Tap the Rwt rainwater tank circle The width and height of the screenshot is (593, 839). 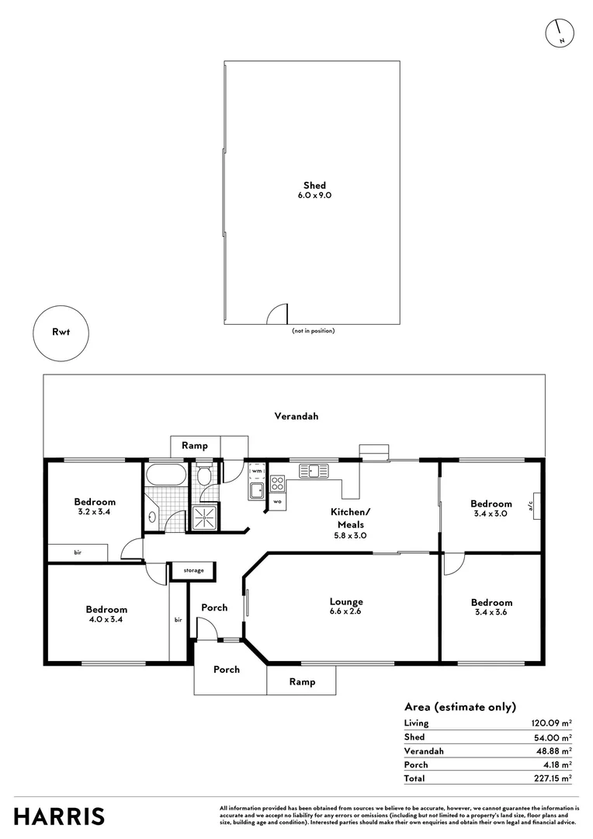[61, 334]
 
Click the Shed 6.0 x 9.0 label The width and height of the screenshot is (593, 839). [314, 190]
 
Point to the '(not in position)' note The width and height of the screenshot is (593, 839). [313, 331]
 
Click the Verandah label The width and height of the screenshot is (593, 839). [296, 416]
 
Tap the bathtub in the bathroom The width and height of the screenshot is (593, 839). [165, 475]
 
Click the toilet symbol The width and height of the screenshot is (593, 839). [204, 475]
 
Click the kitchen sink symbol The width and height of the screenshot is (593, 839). [315, 470]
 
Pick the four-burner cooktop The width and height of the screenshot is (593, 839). [277, 485]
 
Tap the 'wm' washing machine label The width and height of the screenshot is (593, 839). [256, 471]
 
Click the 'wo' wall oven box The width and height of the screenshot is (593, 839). [277, 503]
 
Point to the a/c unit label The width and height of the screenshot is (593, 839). [532, 503]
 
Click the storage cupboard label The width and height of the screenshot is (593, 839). [193, 570]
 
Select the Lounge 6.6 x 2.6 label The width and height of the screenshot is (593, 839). [346, 606]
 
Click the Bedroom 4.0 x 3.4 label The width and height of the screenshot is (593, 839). [106, 614]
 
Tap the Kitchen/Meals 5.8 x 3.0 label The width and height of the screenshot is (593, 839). [351, 518]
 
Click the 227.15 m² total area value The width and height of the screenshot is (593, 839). [553, 778]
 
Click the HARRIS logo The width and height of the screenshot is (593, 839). [60, 816]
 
